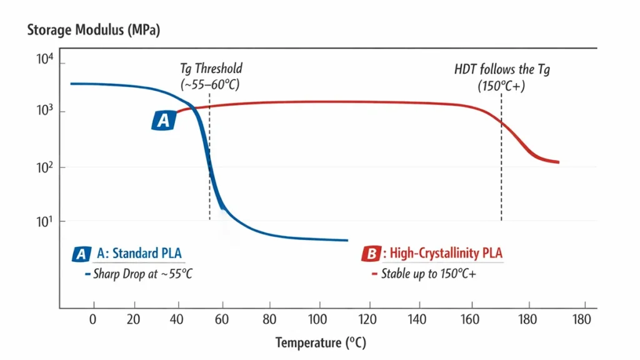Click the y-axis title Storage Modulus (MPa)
[94, 30]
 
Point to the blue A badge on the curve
[163, 121]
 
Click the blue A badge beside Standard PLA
[81, 254]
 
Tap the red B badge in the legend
[371, 254]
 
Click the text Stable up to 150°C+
[429, 274]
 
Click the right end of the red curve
[557, 162]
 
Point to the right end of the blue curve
[346, 240]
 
